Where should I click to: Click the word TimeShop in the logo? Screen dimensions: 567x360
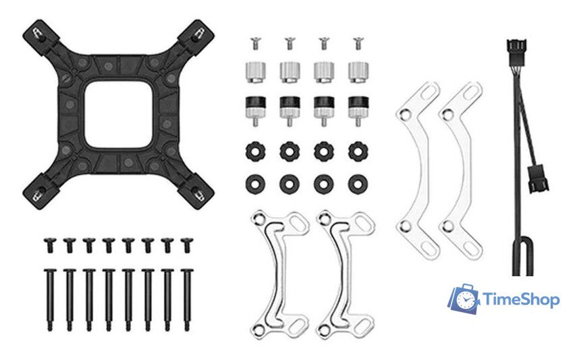[x=521, y=300]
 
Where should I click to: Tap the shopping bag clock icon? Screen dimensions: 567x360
[x=463, y=299]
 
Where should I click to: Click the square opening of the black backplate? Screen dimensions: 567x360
[x=119, y=114]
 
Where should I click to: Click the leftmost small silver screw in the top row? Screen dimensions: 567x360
[x=255, y=43]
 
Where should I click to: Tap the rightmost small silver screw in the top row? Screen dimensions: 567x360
[x=358, y=43]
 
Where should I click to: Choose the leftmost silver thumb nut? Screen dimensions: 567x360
[x=256, y=72]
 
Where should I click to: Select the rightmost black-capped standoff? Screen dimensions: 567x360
[x=358, y=110]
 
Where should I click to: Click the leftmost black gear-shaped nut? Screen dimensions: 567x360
[x=255, y=151]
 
